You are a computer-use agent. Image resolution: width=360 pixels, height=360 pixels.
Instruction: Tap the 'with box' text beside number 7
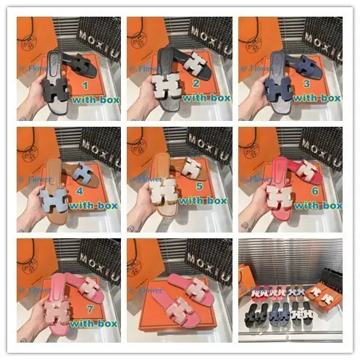[x=95, y=322]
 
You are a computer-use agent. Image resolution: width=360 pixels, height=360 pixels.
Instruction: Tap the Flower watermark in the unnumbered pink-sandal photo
[x=143, y=295]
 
